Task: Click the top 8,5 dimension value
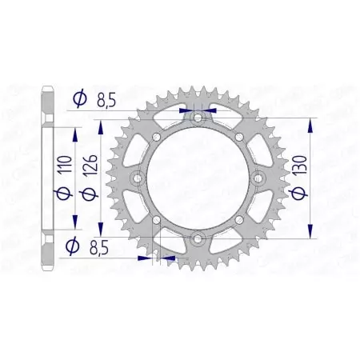(x=106, y=102)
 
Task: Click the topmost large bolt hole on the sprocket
(x=198, y=118)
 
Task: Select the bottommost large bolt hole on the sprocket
(x=198, y=238)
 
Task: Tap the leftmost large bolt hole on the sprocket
(x=138, y=178)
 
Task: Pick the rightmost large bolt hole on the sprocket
(x=257, y=178)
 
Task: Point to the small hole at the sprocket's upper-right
(x=238, y=137)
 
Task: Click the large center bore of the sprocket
(x=198, y=178)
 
